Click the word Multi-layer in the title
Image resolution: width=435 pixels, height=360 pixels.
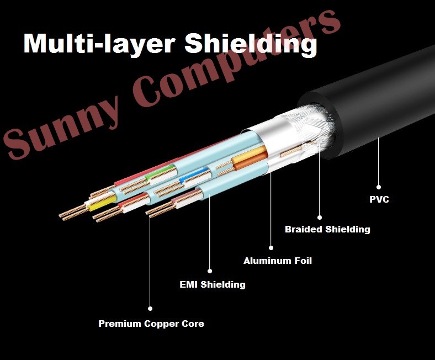pyautogui.click(x=99, y=44)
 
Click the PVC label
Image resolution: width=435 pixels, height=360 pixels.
pyautogui.click(x=379, y=199)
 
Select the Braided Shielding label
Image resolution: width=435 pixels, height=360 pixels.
pyautogui.click(x=327, y=229)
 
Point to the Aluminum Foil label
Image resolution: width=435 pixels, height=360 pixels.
pyautogui.click(x=278, y=261)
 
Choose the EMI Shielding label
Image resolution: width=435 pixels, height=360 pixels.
pyautogui.click(x=213, y=284)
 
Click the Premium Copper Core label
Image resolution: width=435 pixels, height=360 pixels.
pyautogui.click(x=151, y=324)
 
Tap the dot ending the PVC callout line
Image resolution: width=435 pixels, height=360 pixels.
pyautogui.click(x=378, y=187)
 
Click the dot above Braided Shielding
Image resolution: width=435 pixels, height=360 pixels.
pyautogui.click(x=320, y=218)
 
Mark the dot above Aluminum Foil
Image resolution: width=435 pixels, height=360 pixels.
pyautogui.click(x=271, y=248)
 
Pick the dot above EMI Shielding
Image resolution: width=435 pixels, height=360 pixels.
pyautogui.click(x=210, y=271)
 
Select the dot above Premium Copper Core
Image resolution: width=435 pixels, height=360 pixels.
pyautogui.click(x=150, y=308)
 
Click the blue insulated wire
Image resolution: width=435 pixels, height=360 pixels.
pyautogui.click(x=194, y=175)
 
